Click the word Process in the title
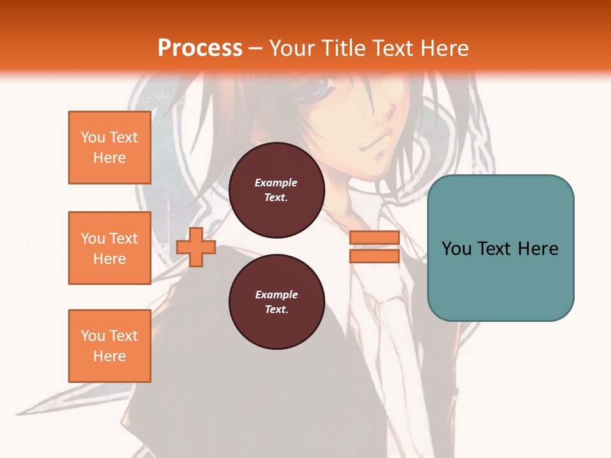(x=200, y=48)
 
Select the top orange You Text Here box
(x=109, y=148)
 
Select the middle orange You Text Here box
(x=109, y=248)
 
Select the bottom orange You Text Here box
(x=109, y=346)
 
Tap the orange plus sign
(x=196, y=247)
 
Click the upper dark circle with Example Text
(x=276, y=190)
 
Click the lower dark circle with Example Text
(x=276, y=302)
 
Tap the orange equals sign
(x=374, y=247)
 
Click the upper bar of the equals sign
(x=374, y=238)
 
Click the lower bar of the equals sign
(x=374, y=256)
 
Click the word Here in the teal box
(x=538, y=249)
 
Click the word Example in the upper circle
(x=276, y=183)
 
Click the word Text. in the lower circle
(x=276, y=310)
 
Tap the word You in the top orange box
(x=92, y=137)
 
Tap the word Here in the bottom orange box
(x=109, y=356)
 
